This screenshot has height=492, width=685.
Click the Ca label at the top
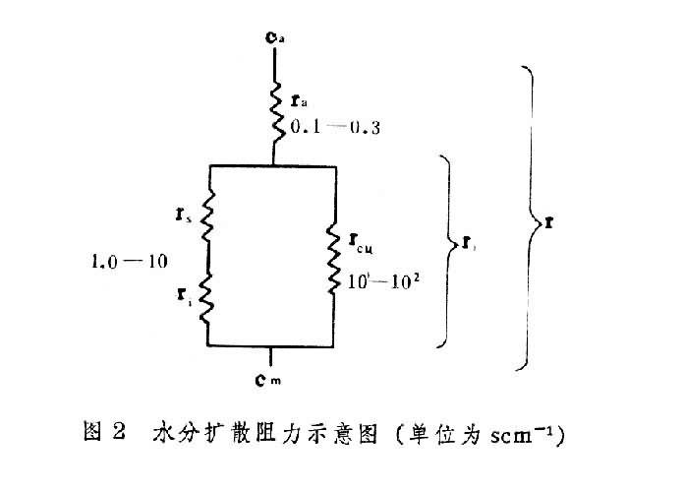276,38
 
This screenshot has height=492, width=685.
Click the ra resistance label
300,101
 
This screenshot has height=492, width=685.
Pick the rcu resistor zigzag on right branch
335,258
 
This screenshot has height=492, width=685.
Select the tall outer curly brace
531,217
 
